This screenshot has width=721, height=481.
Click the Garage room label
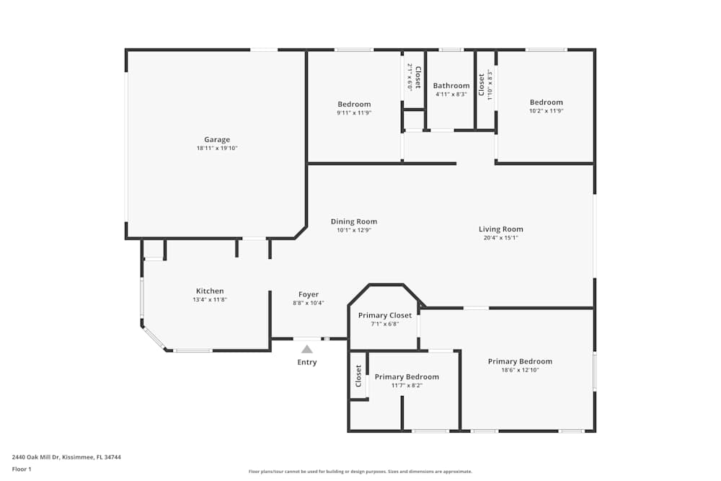(216, 140)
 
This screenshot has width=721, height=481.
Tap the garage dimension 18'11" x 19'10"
(216, 149)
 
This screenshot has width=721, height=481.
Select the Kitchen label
(210, 291)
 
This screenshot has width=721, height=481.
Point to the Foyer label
(309, 294)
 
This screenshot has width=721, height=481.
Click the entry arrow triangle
(306, 349)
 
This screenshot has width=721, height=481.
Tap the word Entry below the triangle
(306, 362)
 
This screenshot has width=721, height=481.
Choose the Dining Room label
(353, 221)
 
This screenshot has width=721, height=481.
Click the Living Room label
(500, 229)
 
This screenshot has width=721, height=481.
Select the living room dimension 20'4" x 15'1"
(500, 238)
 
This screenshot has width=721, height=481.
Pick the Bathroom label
(451, 86)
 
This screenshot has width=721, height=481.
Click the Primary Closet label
(385, 315)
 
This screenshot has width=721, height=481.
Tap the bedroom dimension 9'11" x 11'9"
(354, 113)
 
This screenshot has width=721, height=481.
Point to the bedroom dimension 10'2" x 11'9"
(546, 111)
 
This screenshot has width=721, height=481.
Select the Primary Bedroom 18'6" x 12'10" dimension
(520, 370)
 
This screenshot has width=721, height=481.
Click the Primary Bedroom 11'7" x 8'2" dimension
(407, 385)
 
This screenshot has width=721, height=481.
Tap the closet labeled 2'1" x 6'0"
(414, 76)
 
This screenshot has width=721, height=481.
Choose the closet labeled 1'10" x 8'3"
(485, 84)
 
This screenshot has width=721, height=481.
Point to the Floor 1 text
(22, 469)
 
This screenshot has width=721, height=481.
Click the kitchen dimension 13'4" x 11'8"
(210, 300)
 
